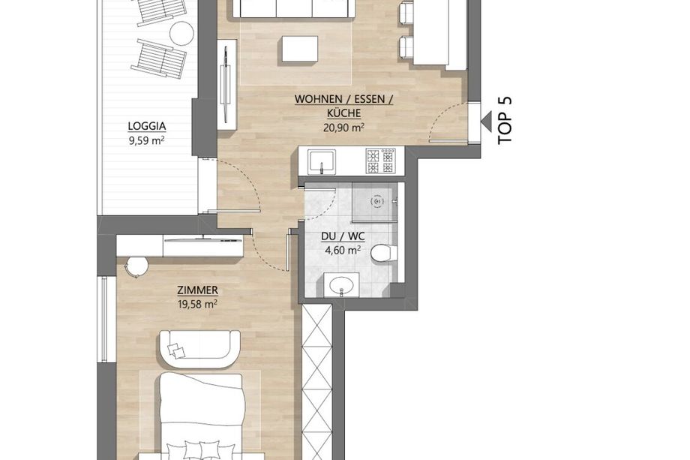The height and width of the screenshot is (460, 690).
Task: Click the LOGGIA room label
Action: coord(147,126)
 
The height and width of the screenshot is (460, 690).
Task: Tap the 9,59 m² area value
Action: coord(147,141)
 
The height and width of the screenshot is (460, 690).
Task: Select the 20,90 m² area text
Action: coord(344,128)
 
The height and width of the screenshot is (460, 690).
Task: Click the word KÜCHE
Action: coord(344,113)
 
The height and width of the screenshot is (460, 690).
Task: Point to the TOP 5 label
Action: coord(505,120)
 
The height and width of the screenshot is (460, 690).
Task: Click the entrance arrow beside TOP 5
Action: coord(487,121)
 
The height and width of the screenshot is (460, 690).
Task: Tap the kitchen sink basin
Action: coord(322,161)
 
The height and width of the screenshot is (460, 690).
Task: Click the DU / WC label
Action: coord(343,236)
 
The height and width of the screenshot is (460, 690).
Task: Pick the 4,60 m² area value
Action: coord(343,251)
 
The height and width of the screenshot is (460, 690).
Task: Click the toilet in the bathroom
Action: coord(384,254)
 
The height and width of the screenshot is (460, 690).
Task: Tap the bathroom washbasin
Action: coord(341,285)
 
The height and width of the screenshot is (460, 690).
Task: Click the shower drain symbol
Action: coord(377,201)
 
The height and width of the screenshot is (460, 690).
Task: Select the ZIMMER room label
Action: coord(197,290)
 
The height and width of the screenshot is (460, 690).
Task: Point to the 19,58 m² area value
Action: coord(197,305)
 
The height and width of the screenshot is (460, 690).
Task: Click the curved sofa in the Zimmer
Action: coord(199,348)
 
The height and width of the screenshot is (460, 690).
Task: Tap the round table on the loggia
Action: coord(181,32)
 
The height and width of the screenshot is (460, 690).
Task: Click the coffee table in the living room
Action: coord(300,50)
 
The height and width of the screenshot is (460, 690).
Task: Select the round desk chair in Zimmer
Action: coord(136,266)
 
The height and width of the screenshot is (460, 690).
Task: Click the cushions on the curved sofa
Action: coord(176,350)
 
